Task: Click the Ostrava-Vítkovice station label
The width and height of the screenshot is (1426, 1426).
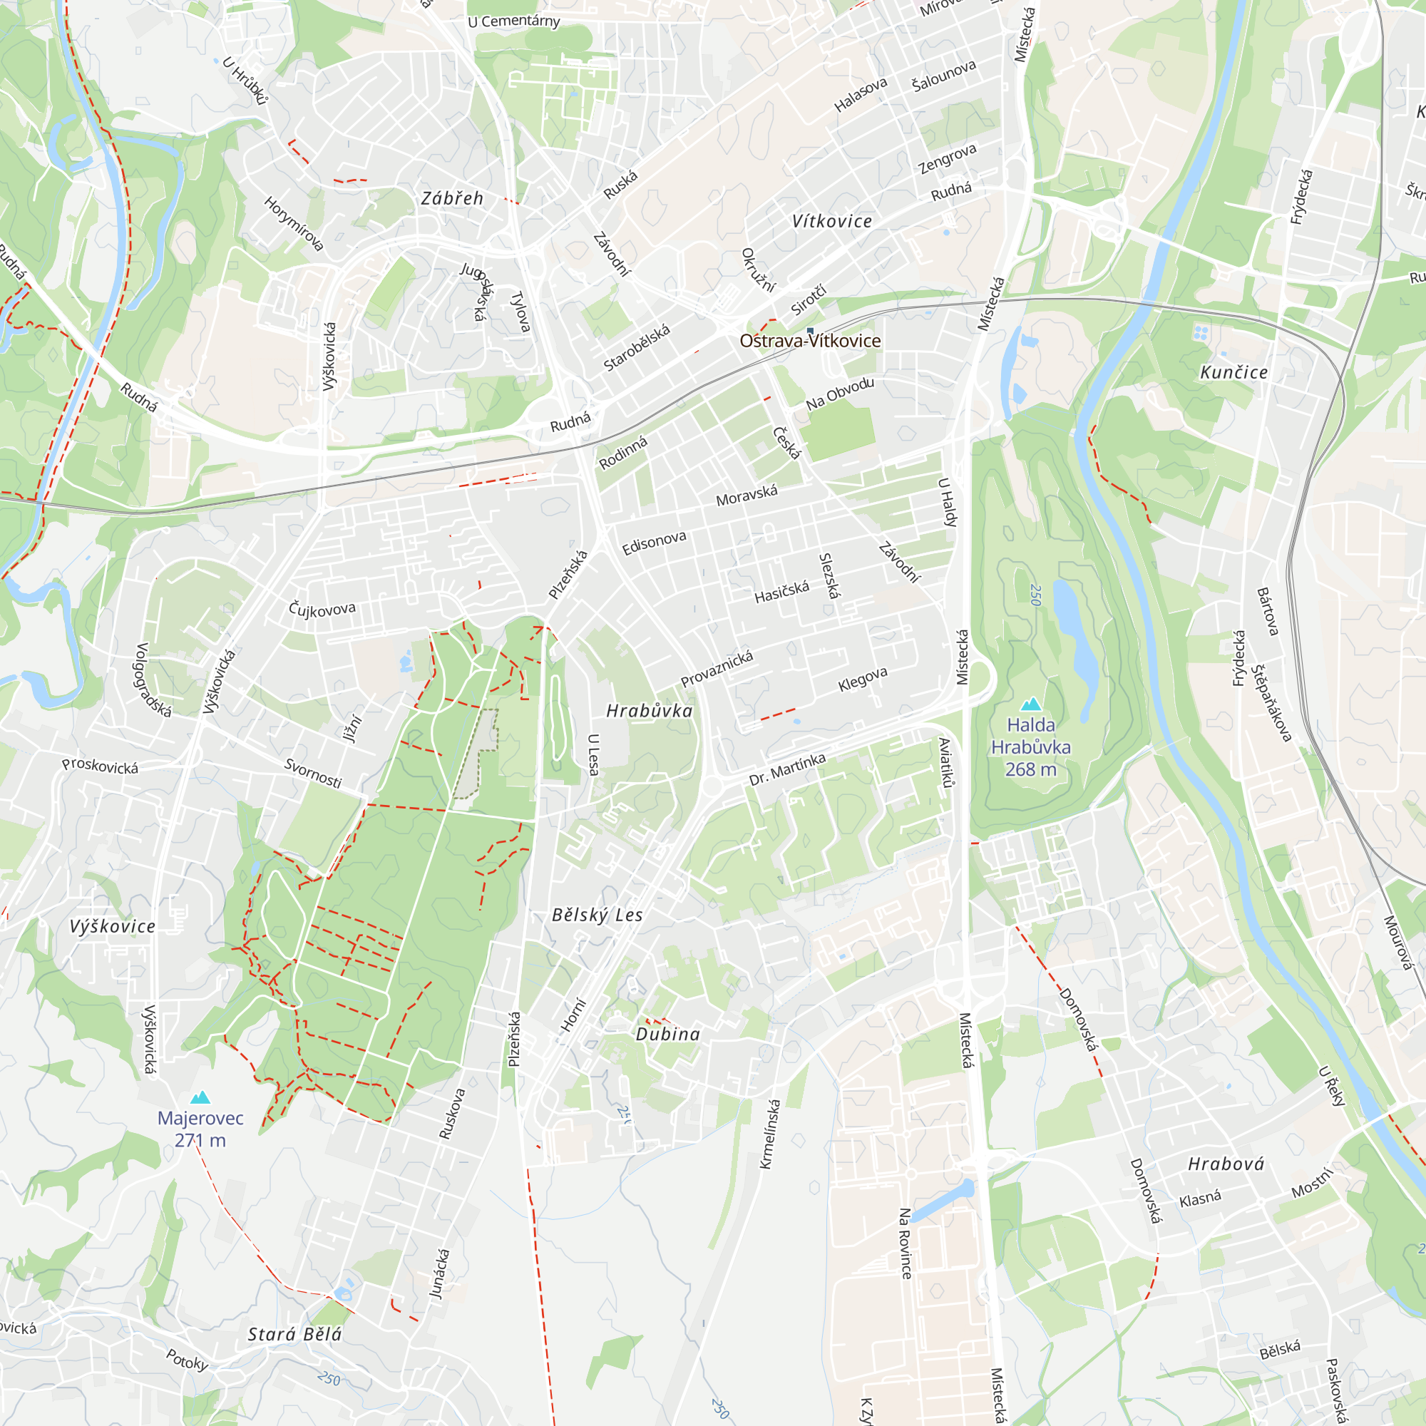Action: point(810,341)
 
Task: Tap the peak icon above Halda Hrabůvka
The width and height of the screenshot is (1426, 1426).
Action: point(1030,704)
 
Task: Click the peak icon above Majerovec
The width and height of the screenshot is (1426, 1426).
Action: point(200,1097)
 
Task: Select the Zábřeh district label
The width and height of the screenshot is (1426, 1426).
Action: point(452,198)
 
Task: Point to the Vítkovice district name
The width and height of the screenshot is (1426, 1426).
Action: point(832,222)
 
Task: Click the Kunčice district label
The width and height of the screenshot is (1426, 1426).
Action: point(1233,373)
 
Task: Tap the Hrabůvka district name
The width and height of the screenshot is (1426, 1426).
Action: point(650,711)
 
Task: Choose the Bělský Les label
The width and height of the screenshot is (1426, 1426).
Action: point(597,915)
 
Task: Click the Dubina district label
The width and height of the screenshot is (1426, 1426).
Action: point(668,1034)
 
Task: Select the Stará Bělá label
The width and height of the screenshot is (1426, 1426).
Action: point(294,1335)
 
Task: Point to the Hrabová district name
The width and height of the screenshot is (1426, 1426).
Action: point(1226,1164)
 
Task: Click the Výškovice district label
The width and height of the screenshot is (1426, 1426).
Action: point(113,926)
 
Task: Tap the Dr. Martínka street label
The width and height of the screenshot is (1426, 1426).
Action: point(787,770)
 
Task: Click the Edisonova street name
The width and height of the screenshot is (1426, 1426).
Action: point(654,543)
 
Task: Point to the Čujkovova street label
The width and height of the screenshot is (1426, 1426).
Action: point(322,609)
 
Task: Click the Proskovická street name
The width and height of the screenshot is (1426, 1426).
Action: point(100,766)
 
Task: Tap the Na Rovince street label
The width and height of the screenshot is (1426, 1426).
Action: point(905,1243)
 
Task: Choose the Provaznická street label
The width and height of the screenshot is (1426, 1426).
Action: point(717,669)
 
